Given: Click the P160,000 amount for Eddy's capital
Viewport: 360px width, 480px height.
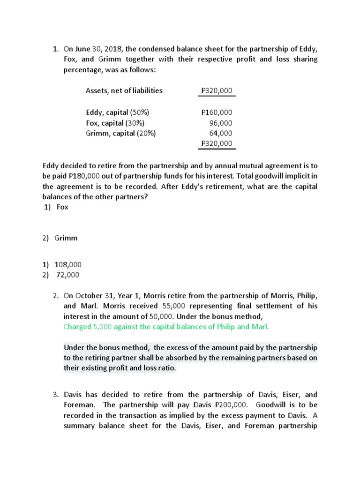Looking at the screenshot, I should pos(216,112).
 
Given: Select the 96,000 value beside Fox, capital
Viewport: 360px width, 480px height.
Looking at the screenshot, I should pos(220,123).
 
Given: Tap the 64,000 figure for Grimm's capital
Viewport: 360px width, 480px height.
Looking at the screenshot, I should pos(220,133).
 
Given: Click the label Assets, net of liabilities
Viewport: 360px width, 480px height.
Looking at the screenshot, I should pos(124,90).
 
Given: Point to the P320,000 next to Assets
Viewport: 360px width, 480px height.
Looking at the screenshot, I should pos(216,90).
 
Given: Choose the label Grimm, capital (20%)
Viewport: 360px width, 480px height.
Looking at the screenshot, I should pos(120,133).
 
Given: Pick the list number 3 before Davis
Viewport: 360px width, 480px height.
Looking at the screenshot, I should pos(55,395).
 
